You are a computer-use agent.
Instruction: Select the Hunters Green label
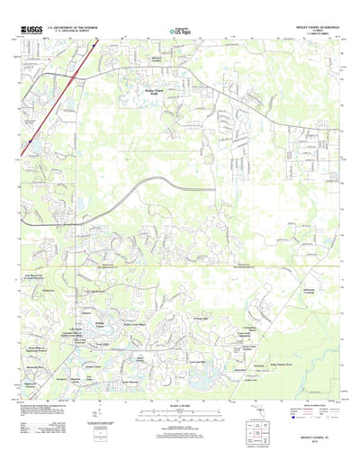pyautogui.click(x=92, y=368)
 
